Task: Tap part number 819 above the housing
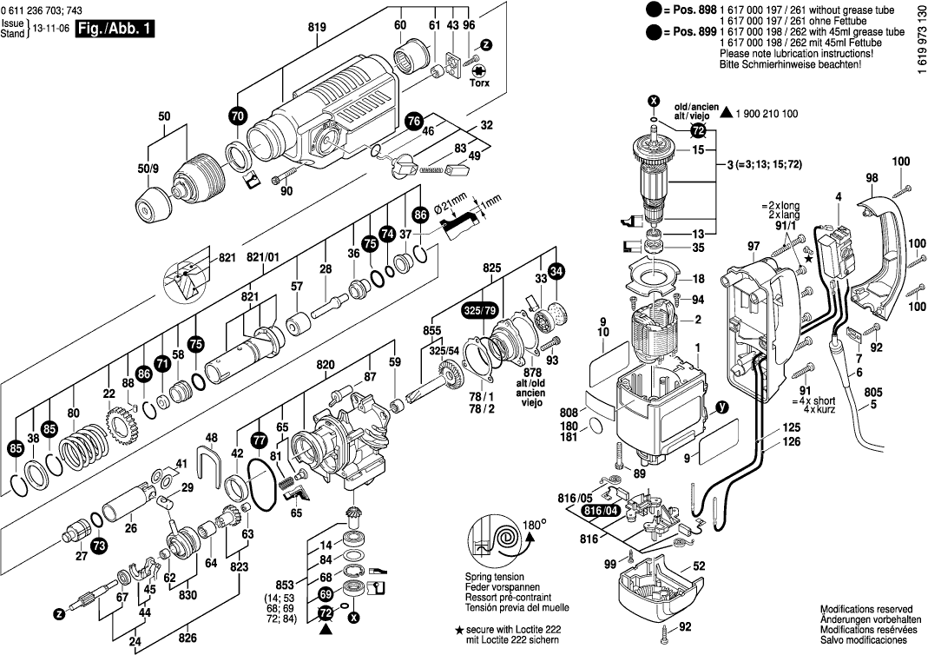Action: [x=317, y=27]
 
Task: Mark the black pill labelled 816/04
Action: [x=602, y=511]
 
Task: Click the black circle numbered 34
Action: [x=556, y=270]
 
